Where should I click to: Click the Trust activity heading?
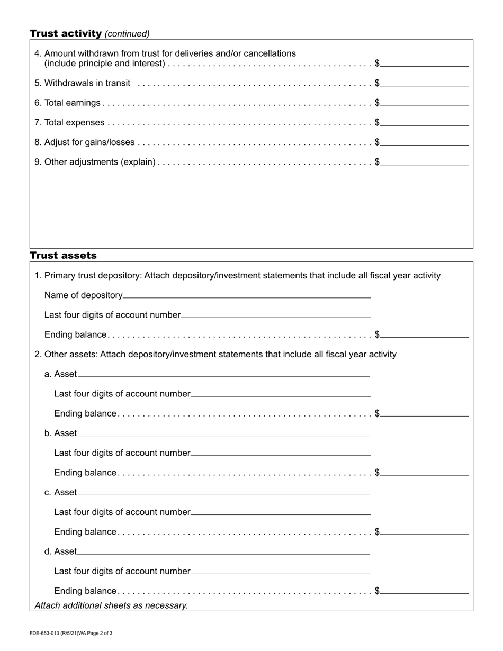66,34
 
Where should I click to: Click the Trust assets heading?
63,256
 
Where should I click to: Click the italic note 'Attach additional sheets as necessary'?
111,605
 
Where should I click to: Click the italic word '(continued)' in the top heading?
127,34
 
